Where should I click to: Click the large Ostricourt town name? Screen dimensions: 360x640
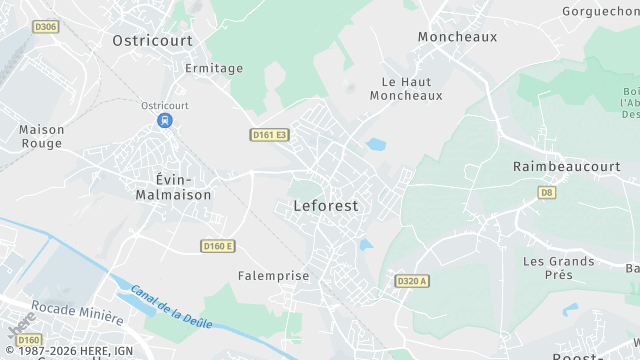pyautogui.click(x=153, y=40)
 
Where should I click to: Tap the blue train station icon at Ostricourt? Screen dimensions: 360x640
pyautogui.click(x=165, y=120)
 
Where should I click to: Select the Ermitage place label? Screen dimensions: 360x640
pyautogui.click(x=214, y=68)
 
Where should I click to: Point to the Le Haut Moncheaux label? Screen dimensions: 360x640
pyautogui.click(x=406, y=88)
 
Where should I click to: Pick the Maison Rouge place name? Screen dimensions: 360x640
pyautogui.click(x=41, y=136)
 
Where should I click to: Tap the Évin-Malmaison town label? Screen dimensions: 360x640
pyautogui.click(x=174, y=187)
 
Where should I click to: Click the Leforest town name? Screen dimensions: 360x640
pyautogui.click(x=326, y=206)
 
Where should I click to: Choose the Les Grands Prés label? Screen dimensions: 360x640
pyautogui.click(x=558, y=268)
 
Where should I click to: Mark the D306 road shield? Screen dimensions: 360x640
pyautogui.click(x=45, y=27)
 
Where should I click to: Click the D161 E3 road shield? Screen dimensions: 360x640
pyautogui.click(x=269, y=134)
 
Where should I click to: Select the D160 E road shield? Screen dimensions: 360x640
pyautogui.click(x=217, y=246)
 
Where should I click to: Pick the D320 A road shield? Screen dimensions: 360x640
pyautogui.click(x=411, y=281)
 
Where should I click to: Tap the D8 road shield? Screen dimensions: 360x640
pyautogui.click(x=546, y=192)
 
